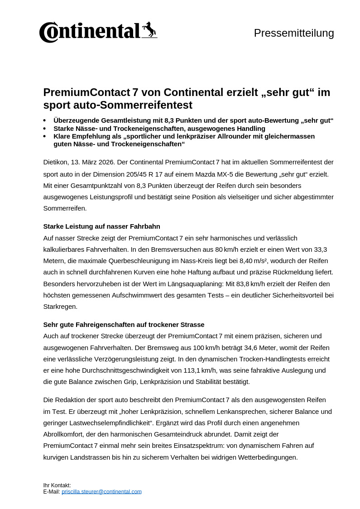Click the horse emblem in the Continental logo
coord(149,30)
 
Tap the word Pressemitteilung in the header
coord(294,33)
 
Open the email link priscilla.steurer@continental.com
coord(101,491)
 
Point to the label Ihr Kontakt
coord(57,485)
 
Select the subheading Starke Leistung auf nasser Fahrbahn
coord(101,226)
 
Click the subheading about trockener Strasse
coord(124,325)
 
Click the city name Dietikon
coord(56,162)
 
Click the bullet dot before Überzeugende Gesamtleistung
coord(44,121)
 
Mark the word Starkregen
coord(60,307)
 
